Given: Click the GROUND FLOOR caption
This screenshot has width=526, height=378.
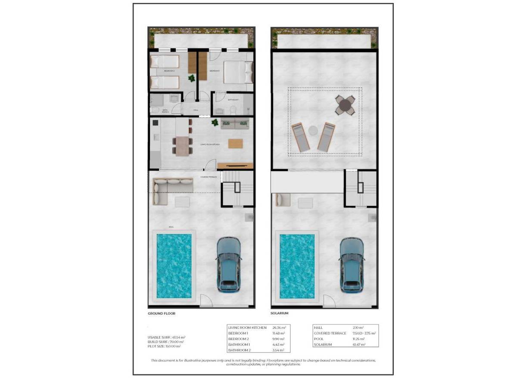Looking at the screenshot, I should click(161, 313).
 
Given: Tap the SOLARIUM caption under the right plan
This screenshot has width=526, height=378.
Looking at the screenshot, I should click(279, 313).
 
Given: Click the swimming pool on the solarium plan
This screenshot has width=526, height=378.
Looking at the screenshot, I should click(297, 266).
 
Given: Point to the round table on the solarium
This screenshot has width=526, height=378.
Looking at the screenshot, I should click(345, 105).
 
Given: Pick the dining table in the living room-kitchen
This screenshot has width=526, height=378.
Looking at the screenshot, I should click(183, 145).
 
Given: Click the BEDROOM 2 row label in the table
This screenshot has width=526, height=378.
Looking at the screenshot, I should click(238, 339).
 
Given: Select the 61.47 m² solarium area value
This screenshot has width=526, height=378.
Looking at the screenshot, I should click(358, 344).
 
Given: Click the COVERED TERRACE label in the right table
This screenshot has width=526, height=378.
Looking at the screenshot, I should click(330, 333).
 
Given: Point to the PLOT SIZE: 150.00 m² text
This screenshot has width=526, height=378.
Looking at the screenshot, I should click(164, 346).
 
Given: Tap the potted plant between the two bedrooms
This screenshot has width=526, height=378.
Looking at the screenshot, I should click(191, 78).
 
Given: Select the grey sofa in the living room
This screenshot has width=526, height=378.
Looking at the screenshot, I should click(235, 124).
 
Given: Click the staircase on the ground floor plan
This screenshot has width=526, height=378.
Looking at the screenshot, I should click(237, 189).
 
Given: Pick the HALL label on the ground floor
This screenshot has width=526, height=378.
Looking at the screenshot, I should click(196, 110).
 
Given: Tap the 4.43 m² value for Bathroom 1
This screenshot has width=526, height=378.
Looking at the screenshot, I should click(279, 344).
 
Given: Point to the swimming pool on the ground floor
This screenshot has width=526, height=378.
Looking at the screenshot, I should click(174, 266).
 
